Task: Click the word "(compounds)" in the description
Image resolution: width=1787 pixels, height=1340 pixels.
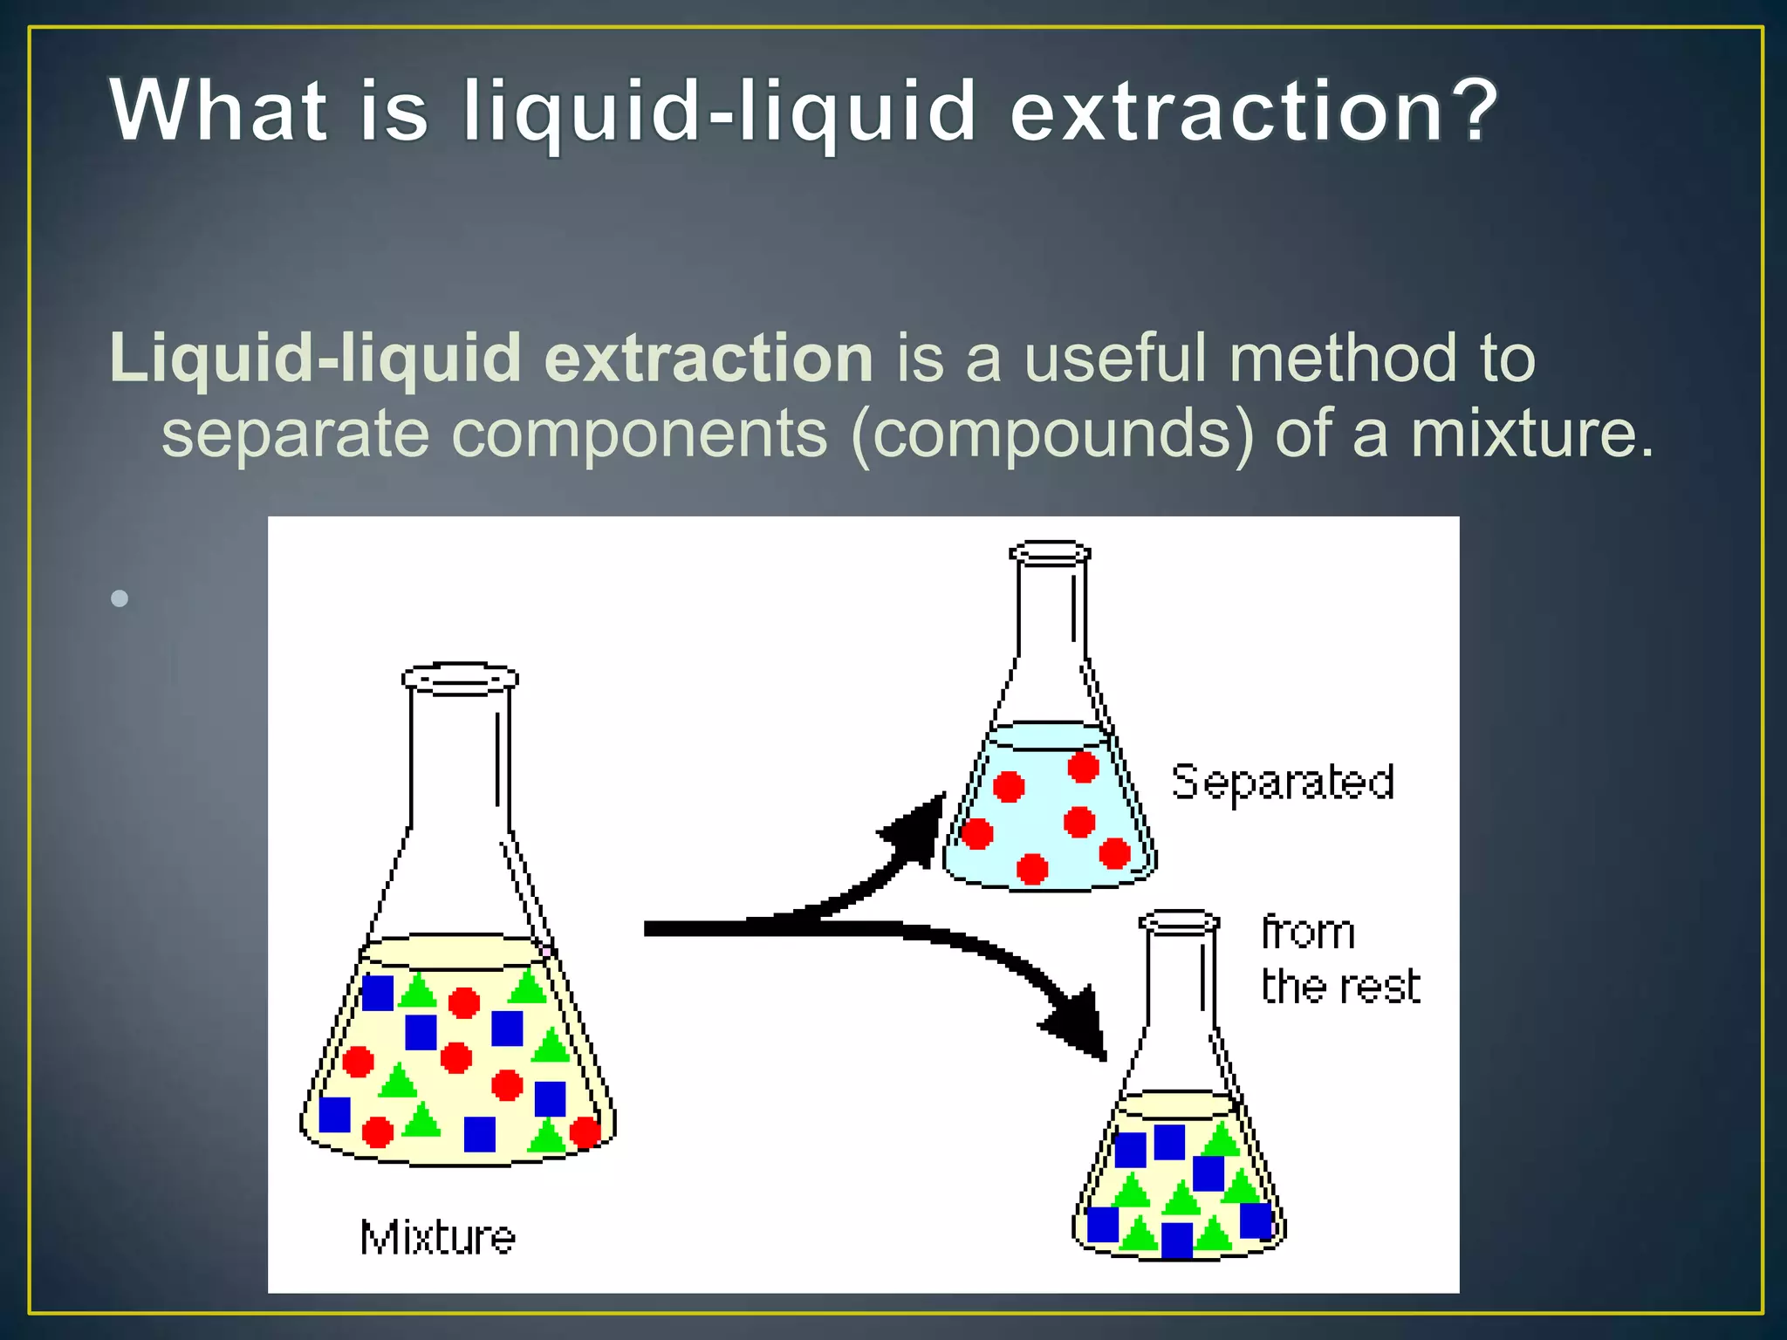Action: (x=1053, y=434)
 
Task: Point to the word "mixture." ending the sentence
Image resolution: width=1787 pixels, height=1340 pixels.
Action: (x=1531, y=434)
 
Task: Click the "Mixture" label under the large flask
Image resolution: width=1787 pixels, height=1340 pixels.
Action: (x=438, y=1237)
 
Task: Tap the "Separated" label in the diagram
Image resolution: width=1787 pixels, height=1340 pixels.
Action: (x=1283, y=782)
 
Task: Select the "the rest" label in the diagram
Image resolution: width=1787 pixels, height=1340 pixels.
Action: (x=1341, y=987)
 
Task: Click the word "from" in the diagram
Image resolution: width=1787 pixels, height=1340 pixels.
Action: (x=1308, y=933)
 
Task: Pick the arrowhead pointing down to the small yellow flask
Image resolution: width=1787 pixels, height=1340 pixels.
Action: (x=1078, y=1026)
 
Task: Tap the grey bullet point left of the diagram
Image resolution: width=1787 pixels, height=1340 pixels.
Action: (x=120, y=598)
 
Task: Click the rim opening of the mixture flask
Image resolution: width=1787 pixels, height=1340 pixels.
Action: (x=460, y=678)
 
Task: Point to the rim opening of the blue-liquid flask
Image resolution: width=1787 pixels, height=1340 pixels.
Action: (x=1050, y=552)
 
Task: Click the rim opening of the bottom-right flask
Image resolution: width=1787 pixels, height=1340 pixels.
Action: (x=1179, y=921)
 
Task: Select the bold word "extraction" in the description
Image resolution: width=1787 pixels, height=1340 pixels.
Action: (x=709, y=359)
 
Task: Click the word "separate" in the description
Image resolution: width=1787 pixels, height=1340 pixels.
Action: (x=295, y=434)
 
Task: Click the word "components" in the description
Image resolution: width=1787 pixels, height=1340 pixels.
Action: (x=640, y=434)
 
